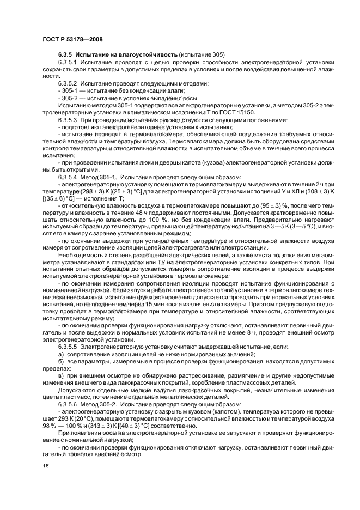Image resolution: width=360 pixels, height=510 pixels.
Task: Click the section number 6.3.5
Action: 65,54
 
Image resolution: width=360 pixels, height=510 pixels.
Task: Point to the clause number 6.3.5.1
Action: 68,63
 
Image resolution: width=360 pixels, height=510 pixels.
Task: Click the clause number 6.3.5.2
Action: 68,84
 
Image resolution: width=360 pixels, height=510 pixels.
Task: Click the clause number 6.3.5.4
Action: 68,177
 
